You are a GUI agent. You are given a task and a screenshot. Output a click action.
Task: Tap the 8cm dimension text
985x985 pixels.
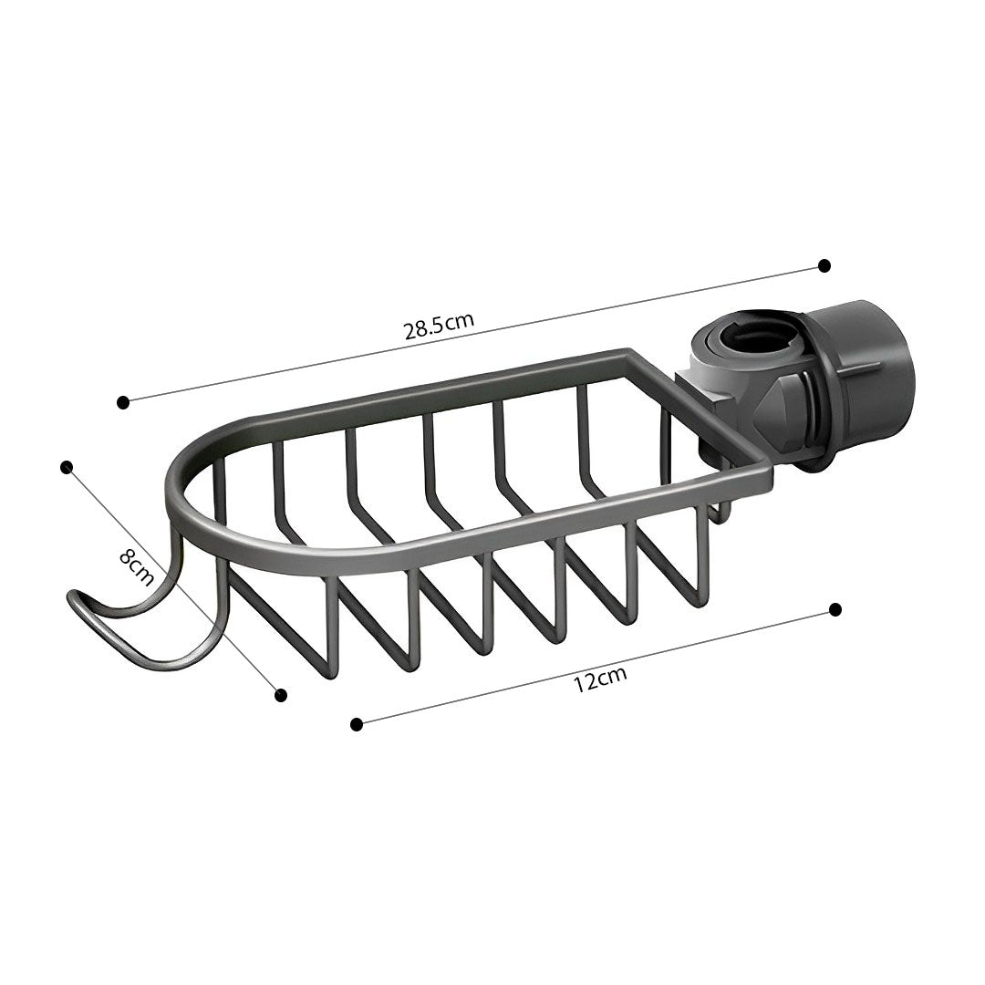pyautogui.click(x=136, y=568)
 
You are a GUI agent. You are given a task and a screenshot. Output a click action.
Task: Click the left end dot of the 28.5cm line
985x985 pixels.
pyautogui.click(x=123, y=401)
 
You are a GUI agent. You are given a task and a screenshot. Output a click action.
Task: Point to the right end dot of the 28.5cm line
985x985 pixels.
pyautogui.click(x=824, y=265)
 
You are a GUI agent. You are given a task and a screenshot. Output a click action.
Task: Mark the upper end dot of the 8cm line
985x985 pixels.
pyautogui.click(x=66, y=467)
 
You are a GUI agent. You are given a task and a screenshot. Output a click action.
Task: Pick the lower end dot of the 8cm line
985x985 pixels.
pyautogui.click(x=281, y=695)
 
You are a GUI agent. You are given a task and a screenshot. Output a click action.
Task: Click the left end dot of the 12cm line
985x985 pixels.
pyautogui.click(x=357, y=724)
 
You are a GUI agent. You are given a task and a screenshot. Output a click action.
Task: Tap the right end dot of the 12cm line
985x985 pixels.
pyautogui.click(x=835, y=609)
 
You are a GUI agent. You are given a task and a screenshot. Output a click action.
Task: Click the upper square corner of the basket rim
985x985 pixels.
pyautogui.click(x=627, y=351)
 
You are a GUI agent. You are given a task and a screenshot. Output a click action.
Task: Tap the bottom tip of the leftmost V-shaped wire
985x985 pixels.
pyautogui.click(x=330, y=675)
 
